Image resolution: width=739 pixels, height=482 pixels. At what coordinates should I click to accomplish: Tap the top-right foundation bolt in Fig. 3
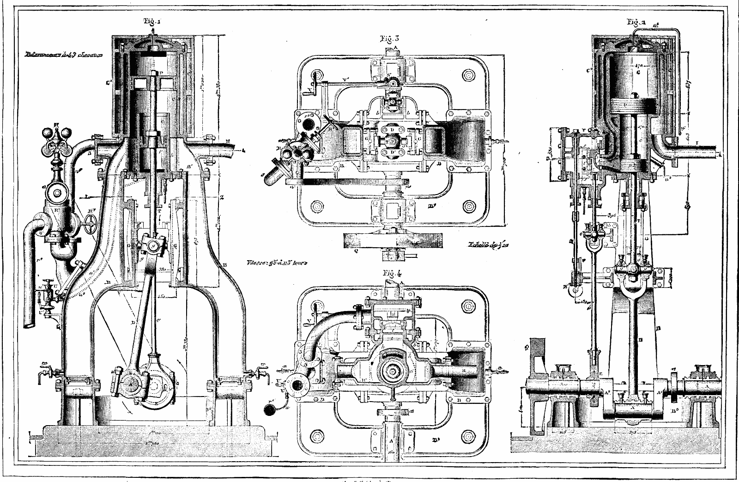(x=469, y=75)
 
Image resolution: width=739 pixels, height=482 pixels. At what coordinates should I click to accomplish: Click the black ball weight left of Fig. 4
(x=268, y=409)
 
